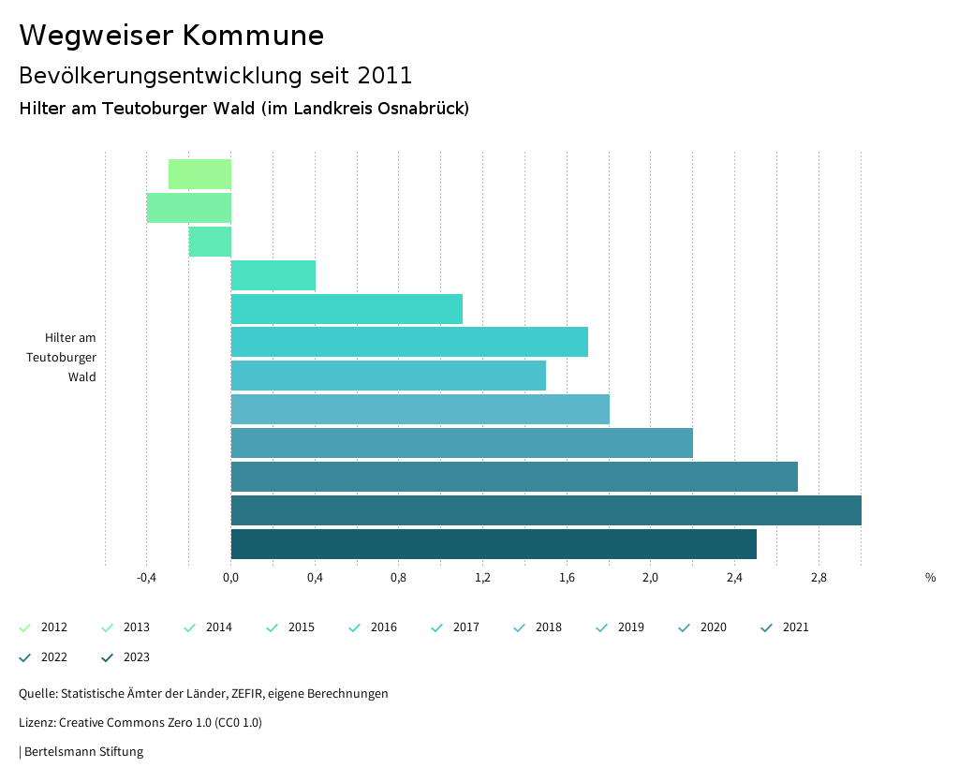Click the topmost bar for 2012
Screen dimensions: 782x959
[x=199, y=174]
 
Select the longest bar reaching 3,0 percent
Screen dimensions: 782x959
[x=546, y=510]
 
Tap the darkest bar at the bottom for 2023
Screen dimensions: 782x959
[x=494, y=544]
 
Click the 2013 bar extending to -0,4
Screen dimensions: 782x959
[x=189, y=208]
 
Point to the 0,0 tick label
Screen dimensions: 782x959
[x=230, y=578]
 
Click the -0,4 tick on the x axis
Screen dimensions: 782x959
[x=146, y=578]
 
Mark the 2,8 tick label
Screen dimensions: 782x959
[x=819, y=578]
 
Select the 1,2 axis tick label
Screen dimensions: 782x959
[x=482, y=578]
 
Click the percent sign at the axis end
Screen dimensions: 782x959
[x=930, y=578]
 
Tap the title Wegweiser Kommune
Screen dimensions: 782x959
[x=171, y=36]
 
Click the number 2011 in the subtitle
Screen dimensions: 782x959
[x=384, y=75]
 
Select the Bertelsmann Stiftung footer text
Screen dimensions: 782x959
[x=83, y=752]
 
